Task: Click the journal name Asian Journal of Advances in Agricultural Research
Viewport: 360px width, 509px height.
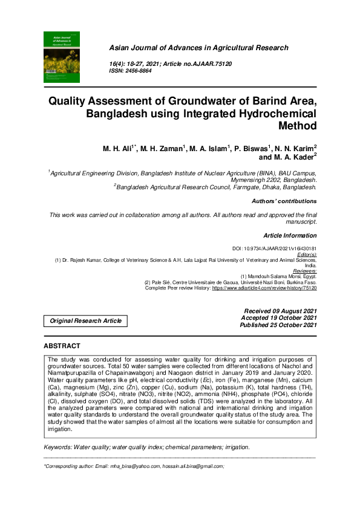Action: coord(198,48)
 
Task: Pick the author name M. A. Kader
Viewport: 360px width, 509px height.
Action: coord(295,157)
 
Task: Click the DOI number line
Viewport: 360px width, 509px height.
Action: coord(275,248)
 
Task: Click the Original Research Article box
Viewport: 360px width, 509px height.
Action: coord(85,320)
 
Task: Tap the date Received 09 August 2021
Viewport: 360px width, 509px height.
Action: coord(279,310)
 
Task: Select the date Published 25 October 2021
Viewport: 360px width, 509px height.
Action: coord(278,325)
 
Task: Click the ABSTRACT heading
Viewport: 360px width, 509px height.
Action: coord(62,346)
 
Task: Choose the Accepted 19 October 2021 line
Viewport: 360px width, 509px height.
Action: coord(279,317)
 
